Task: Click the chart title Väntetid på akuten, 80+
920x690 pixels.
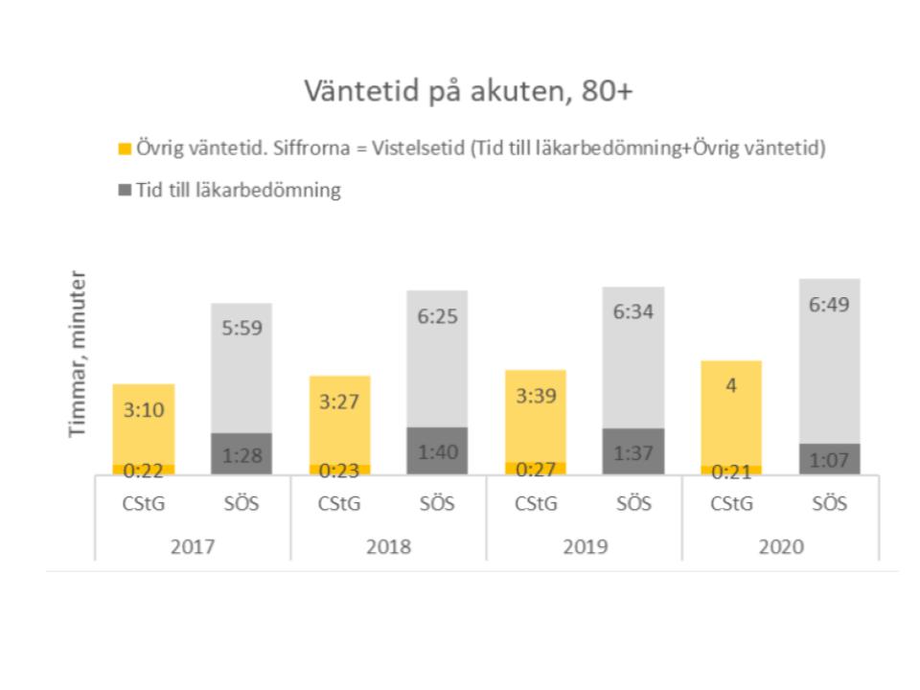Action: pyautogui.click(x=469, y=92)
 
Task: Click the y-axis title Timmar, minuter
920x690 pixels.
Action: pyautogui.click(x=78, y=354)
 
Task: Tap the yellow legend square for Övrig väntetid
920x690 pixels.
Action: pyautogui.click(x=125, y=149)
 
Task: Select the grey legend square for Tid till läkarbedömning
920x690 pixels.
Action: pyautogui.click(x=125, y=190)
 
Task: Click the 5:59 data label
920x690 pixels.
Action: pyautogui.click(x=241, y=328)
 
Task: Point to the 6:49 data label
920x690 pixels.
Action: pyautogui.click(x=829, y=305)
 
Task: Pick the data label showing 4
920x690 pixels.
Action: pyautogui.click(x=731, y=385)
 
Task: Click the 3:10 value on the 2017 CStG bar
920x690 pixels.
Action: pyautogui.click(x=144, y=409)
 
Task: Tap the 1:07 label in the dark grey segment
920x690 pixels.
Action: pyautogui.click(x=829, y=460)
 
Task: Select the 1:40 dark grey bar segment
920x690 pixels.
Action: pyautogui.click(x=437, y=450)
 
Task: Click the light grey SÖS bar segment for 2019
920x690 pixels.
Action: pyautogui.click(x=633, y=357)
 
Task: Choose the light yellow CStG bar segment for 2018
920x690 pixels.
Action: pyautogui.click(x=339, y=420)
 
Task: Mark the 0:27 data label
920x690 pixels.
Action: pyautogui.click(x=536, y=470)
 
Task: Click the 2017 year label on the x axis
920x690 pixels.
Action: pyautogui.click(x=193, y=547)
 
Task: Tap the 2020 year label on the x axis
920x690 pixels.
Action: pyautogui.click(x=781, y=547)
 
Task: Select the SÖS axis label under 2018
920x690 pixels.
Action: pyautogui.click(x=437, y=503)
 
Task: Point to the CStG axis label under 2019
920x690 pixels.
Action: pyautogui.click(x=536, y=503)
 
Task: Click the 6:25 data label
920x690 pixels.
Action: pyautogui.click(x=437, y=316)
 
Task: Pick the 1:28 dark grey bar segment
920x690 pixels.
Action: pyautogui.click(x=241, y=453)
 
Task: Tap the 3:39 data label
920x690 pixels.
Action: pyautogui.click(x=536, y=396)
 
